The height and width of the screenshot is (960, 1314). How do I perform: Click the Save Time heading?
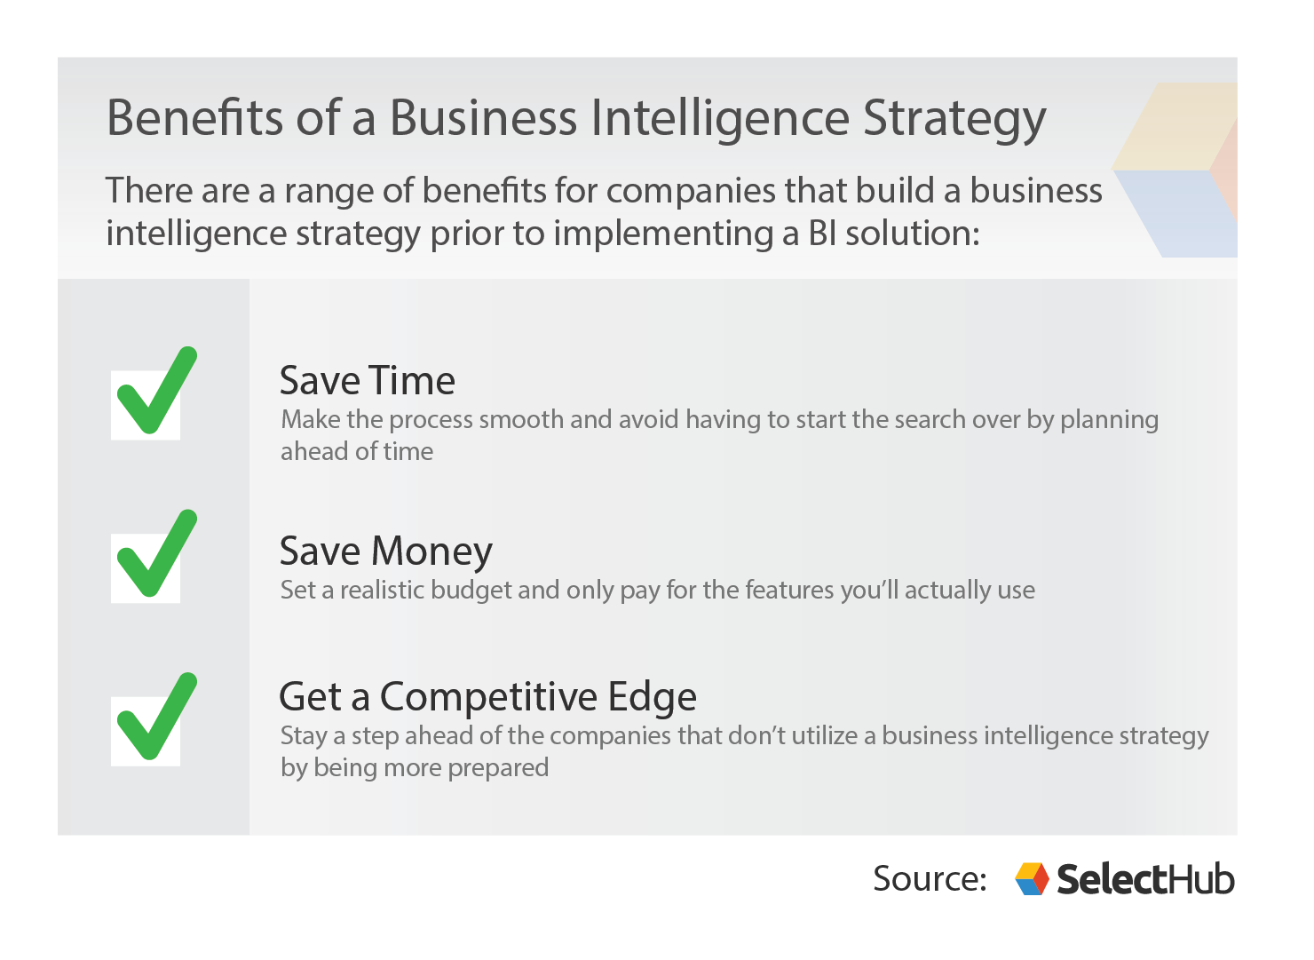(x=367, y=381)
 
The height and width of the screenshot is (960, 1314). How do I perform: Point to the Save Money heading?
(x=385, y=551)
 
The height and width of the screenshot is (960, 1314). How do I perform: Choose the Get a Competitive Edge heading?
(x=487, y=697)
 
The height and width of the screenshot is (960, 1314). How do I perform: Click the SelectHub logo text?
(x=1145, y=879)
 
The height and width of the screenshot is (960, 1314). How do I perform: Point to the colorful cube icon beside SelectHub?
(x=1032, y=878)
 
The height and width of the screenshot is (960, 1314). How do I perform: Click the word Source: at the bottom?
(x=930, y=878)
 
